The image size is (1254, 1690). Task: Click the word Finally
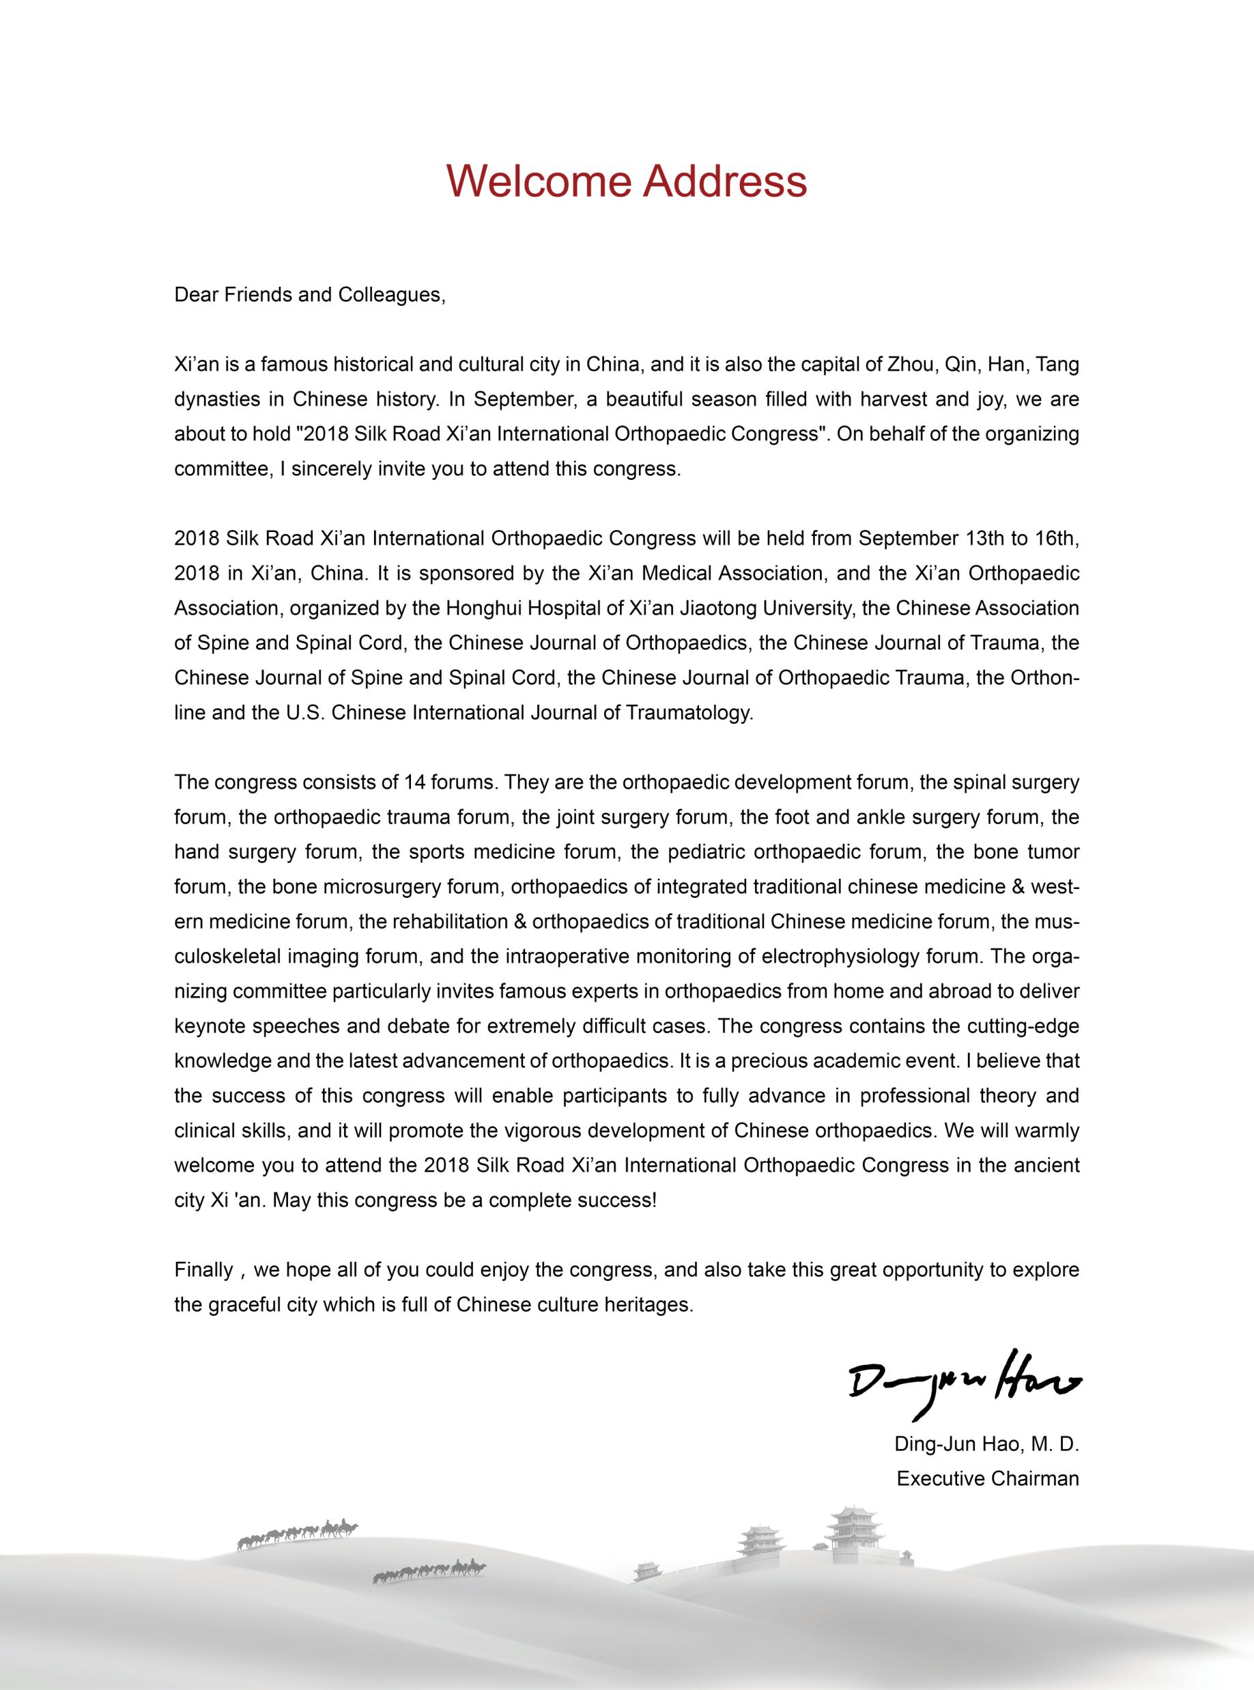point(203,1270)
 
